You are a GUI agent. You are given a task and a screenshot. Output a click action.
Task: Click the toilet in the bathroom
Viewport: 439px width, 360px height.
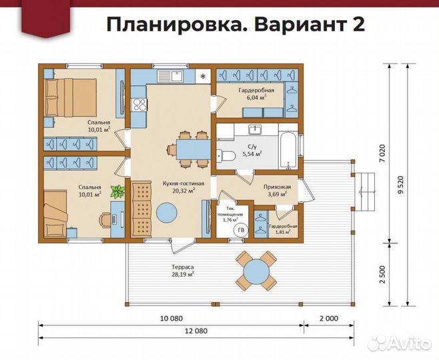[x=225, y=155]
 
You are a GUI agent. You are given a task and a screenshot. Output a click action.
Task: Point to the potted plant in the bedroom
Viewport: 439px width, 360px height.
[x=117, y=192]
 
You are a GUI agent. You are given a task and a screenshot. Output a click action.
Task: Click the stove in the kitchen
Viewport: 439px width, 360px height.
[x=140, y=103]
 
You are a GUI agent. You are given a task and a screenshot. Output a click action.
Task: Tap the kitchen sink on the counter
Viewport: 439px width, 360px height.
[x=175, y=76]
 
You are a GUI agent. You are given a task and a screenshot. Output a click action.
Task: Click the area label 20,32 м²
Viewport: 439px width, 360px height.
[x=183, y=190]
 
